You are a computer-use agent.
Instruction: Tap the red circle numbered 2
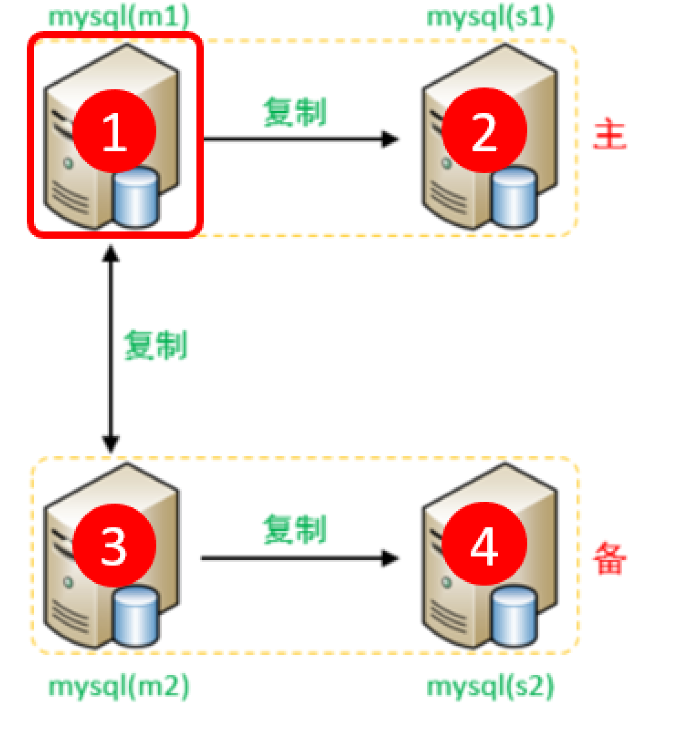(x=484, y=131)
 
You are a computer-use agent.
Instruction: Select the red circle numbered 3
(x=114, y=545)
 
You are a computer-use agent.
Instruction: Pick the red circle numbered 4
(x=484, y=545)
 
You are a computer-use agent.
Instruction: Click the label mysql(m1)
(x=119, y=17)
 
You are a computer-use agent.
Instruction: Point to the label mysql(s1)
(x=490, y=17)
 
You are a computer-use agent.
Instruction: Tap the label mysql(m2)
(x=119, y=686)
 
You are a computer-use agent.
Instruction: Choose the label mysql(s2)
(x=490, y=686)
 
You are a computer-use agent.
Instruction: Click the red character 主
(x=609, y=134)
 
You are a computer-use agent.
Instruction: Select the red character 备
(x=609, y=558)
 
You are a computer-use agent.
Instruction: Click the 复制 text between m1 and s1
(x=295, y=112)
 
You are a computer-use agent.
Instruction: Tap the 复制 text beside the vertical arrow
(x=156, y=345)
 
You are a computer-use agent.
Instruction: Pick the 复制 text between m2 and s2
(x=295, y=529)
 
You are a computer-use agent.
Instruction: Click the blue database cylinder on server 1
(x=136, y=197)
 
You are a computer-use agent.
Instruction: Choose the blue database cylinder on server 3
(x=136, y=615)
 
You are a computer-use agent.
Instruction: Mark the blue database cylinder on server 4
(x=514, y=615)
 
